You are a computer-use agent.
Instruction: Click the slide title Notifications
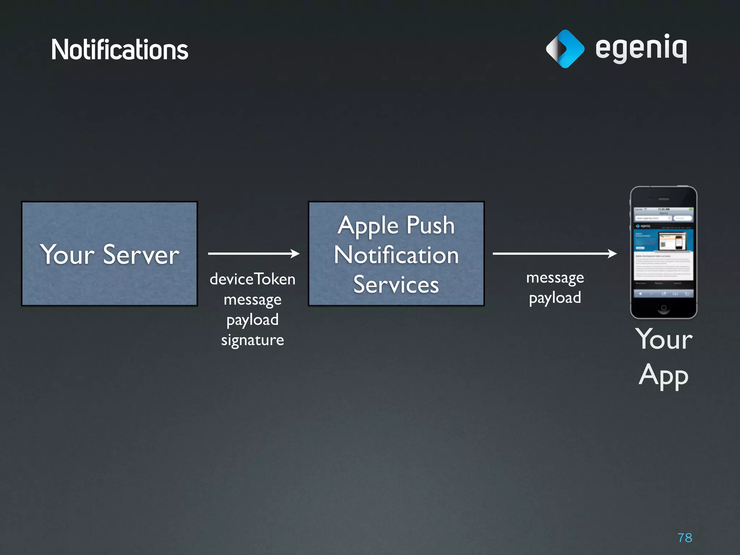[x=120, y=50]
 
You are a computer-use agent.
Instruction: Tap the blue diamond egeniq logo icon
[x=565, y=49]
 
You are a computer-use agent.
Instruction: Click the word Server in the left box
[x=141, y=255]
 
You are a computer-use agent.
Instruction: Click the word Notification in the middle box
[x=396, y=255]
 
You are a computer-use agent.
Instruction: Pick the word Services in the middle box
[x=396, y=285]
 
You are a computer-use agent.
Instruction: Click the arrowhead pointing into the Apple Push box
[x=295, y=254]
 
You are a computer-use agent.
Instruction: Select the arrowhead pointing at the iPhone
[x=612, y=254]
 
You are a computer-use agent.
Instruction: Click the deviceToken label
[x=253, y=279]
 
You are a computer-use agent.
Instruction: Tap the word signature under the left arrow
[x=253, y=340]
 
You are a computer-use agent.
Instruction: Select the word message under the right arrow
[x=555, y=277]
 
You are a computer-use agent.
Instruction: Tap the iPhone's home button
[x=663, y=308]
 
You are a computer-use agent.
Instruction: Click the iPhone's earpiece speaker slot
[x=663, y=199]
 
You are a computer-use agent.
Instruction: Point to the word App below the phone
[x=663, y=376]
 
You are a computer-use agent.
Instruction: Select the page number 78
[x=685, y=538]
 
